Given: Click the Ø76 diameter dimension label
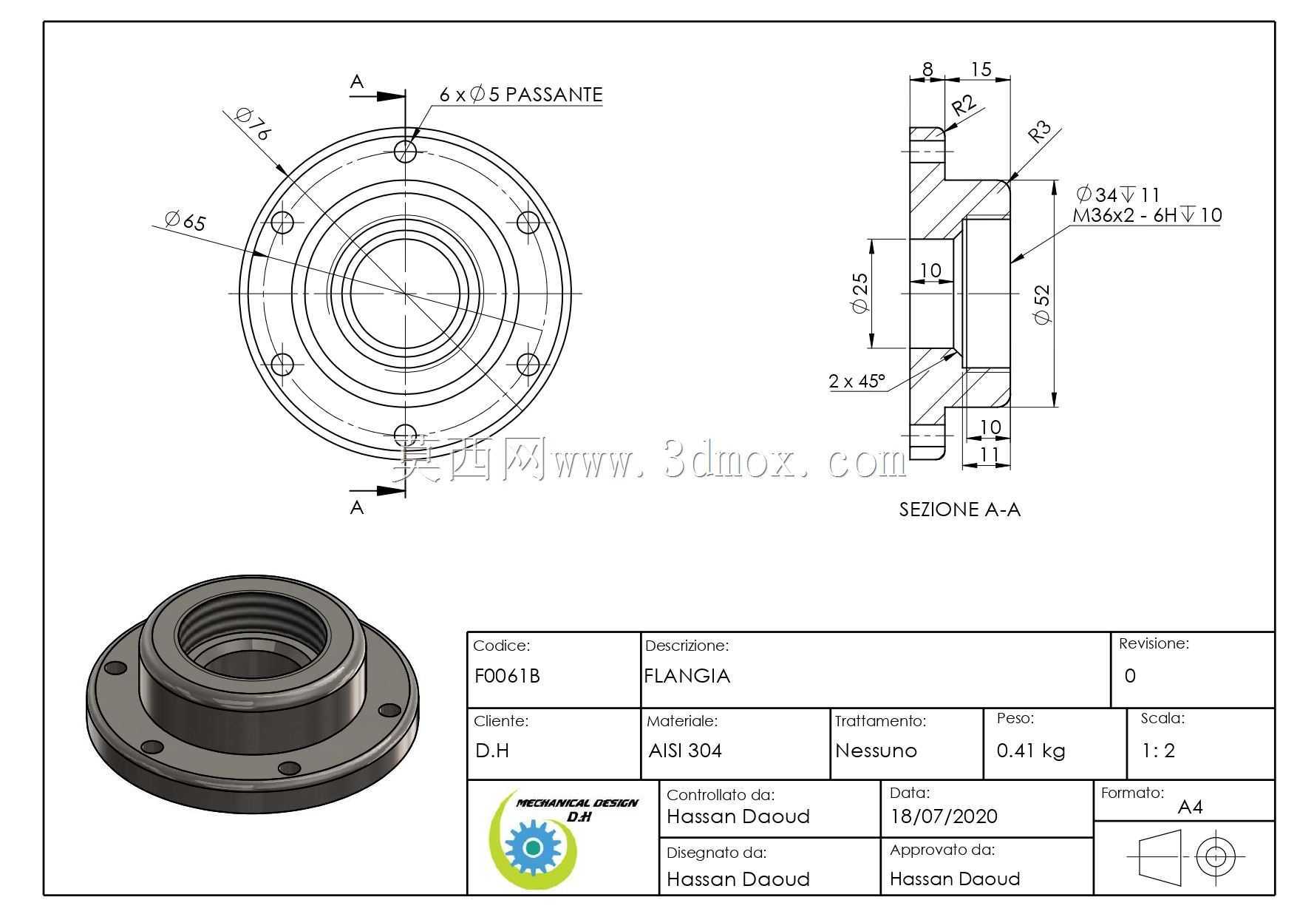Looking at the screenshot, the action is [253, 123].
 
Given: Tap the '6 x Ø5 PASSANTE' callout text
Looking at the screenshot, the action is [521, 95].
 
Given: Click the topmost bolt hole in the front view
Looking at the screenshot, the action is [405, 152].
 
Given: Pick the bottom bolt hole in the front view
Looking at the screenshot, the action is [405, 435].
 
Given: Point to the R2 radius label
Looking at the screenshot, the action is [964, 105].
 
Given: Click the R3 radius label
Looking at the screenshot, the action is [1039, 132].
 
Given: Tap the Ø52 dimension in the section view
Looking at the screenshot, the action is [1042, 305].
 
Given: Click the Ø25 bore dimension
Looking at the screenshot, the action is [860, 293].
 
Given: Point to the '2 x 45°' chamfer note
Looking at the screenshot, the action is [857, 381].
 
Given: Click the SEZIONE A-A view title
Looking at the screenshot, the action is [959, 510].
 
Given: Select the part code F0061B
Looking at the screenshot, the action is [507, 676].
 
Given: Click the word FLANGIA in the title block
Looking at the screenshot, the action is [687, 676].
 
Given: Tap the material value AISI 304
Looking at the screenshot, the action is [685, 751].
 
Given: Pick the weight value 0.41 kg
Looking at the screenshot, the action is [1031, 751].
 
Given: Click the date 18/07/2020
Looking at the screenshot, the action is [944, 816].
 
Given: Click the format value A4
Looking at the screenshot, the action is [1190, 807].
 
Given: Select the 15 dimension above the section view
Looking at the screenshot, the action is [981, 70].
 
